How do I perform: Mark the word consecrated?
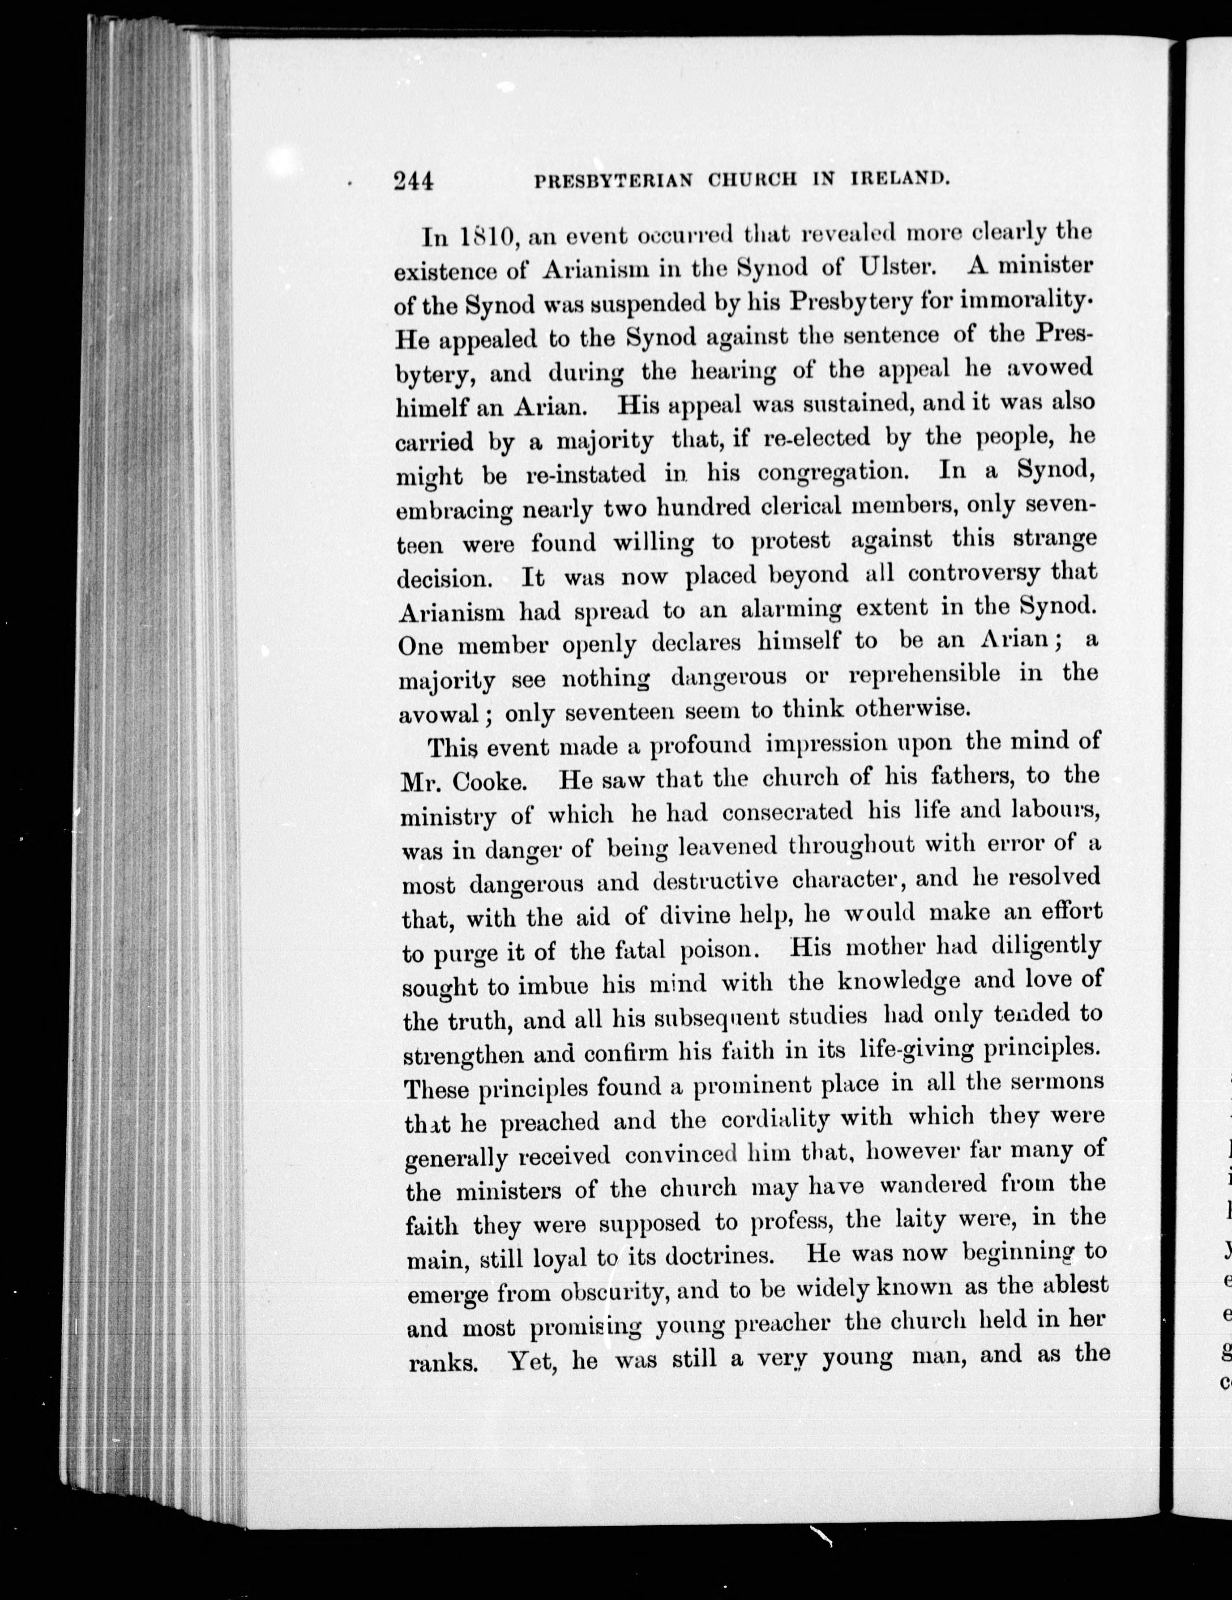787,813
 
